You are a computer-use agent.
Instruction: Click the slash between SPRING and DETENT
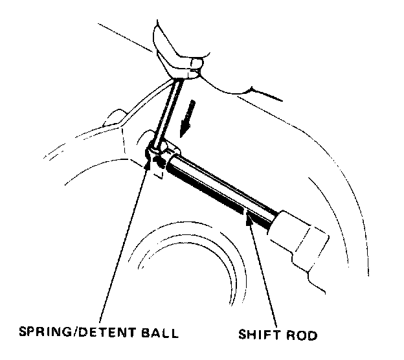[76, 335]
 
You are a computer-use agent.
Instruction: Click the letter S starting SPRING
[21, 335]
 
